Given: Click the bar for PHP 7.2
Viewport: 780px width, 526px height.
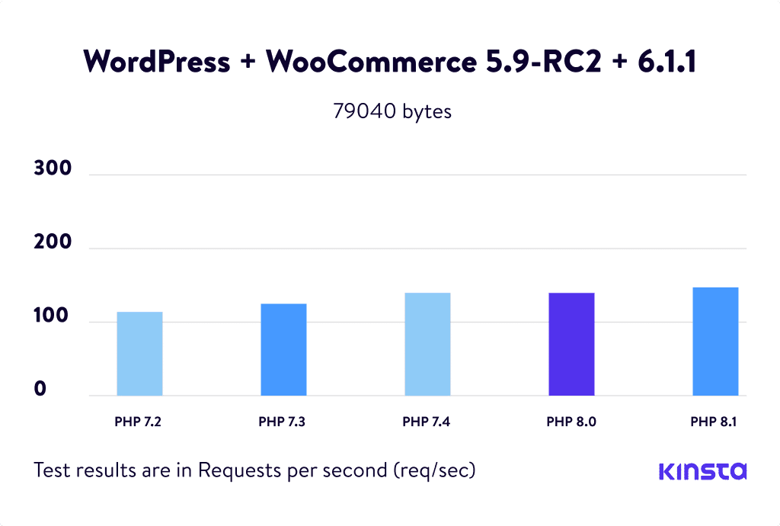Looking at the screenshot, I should [x=139, y=354].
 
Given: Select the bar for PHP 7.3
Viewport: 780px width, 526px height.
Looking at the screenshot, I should [x=283, y=350].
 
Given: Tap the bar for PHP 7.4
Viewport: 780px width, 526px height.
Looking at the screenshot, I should [x=427, y=345].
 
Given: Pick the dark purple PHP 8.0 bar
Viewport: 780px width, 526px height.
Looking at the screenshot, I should [x=571, y=345].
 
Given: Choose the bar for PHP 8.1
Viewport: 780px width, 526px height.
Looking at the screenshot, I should [x=715, y=342].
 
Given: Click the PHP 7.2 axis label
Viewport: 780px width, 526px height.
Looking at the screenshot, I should [x=139, y=421].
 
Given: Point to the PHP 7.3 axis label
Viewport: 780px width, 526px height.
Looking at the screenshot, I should [x=283, y=421].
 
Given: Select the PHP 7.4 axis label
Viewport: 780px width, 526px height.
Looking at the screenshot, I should [x=427, y=421].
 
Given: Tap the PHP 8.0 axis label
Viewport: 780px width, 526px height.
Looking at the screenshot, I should [x=571, y=421].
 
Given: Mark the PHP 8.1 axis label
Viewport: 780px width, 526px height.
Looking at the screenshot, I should [x=715, y=421].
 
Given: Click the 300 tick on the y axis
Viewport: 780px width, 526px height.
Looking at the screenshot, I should [x=53, y=169].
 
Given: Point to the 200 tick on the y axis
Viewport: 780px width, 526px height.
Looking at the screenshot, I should [x=53, y=243].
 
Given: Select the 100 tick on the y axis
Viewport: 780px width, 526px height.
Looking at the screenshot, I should [x=53, y=316].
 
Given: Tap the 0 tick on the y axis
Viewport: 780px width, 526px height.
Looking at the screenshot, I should [x=40, y=390].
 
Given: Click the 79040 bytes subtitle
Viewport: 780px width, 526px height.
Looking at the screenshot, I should [x=392, y=111].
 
